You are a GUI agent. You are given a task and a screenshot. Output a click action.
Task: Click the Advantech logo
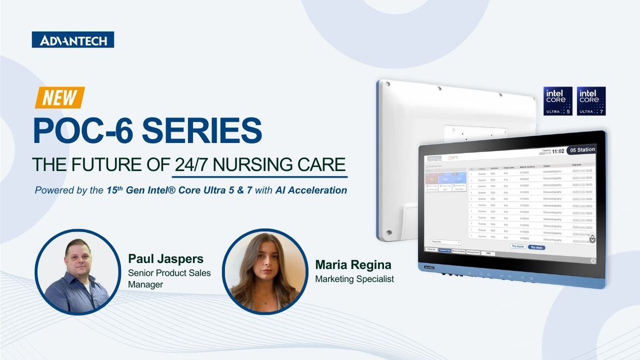[x=73, y=40]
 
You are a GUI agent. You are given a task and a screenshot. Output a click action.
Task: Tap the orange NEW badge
[x=59, y=98]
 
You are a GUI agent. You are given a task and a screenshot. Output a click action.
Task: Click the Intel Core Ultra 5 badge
[x=557, y=101]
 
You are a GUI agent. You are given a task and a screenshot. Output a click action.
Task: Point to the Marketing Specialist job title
[x=355, y=278]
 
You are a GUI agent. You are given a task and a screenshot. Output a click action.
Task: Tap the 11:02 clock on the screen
[x=558, y=151]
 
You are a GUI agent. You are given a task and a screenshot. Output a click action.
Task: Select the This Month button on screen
[x=517, y=246]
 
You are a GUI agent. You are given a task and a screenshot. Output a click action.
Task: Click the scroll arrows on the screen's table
[x=591, y=237]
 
